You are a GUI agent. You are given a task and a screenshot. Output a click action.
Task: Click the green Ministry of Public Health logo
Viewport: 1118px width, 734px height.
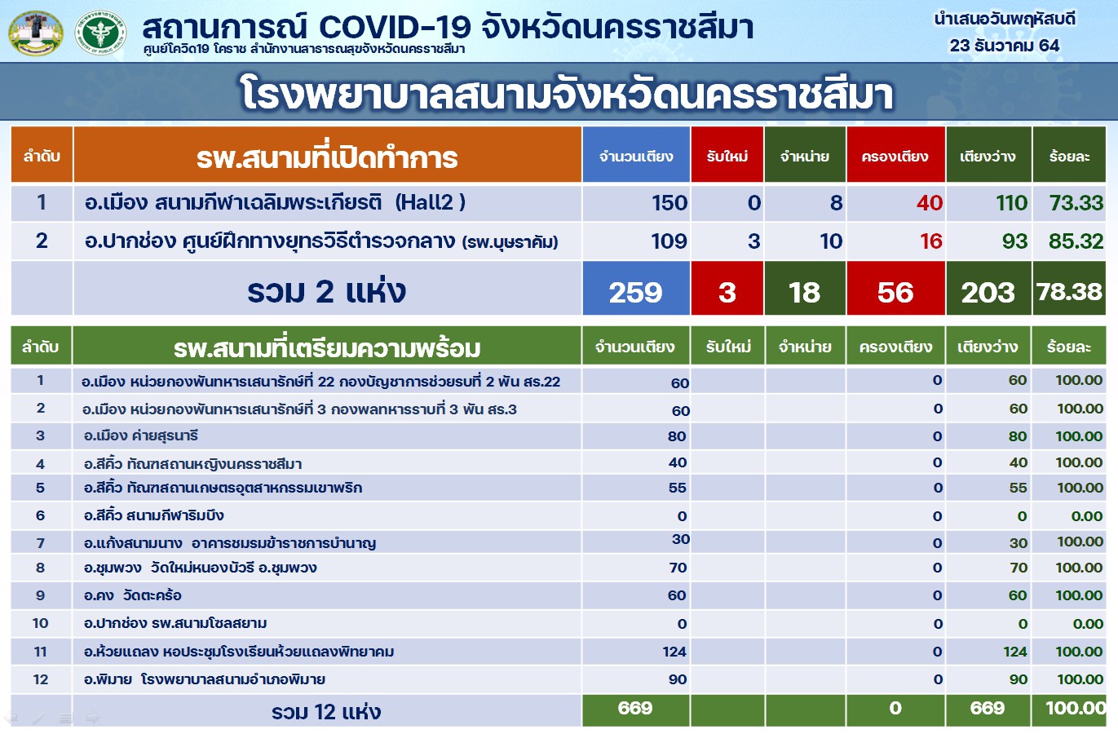100,33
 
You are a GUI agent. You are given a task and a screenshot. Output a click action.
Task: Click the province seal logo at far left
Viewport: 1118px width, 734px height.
36,33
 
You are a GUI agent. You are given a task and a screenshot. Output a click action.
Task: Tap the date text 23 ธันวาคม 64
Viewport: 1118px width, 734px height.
1004,46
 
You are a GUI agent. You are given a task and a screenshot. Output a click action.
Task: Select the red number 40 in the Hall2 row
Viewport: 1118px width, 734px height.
930,203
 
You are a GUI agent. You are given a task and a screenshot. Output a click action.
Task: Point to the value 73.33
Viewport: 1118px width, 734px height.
1076,203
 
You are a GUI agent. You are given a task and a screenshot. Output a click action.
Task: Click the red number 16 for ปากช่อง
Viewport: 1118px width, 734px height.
930,241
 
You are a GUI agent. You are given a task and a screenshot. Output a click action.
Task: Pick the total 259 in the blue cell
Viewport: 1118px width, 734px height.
635,292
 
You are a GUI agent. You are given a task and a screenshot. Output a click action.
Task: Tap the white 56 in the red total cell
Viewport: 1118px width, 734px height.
895,292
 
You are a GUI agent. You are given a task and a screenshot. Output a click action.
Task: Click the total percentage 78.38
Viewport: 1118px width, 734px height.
1069,292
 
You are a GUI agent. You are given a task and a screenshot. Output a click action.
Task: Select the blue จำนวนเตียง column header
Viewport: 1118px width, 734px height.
636,157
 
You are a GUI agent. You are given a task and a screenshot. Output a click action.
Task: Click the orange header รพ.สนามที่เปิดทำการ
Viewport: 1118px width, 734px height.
327,157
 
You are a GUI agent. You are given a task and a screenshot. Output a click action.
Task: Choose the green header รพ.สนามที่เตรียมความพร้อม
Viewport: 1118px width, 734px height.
327,348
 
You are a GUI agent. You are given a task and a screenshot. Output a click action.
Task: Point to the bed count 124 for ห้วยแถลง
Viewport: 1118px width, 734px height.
674,652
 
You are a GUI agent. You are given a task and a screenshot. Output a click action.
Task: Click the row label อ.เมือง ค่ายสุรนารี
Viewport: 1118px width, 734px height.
141,436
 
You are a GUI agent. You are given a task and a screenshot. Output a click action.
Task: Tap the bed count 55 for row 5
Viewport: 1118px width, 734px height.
678,488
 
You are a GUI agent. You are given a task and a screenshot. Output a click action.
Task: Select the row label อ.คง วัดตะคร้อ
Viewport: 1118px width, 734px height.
133,595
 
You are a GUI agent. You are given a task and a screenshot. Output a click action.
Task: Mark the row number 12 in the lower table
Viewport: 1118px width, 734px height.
41,679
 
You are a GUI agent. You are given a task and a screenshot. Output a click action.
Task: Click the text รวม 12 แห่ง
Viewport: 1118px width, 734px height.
326,711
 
